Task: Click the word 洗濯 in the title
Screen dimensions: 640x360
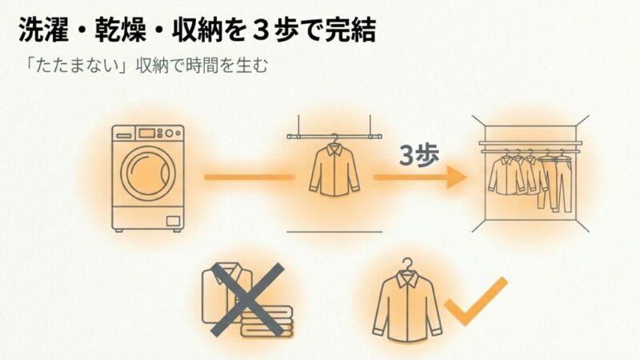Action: click(x=43, y=30)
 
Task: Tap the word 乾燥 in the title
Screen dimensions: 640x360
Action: click(x=121, y=30)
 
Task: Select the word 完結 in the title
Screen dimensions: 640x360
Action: click(x=350, y=30)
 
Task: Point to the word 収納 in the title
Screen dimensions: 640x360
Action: click(x=197, y=30)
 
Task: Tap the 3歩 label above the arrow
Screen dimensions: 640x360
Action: click(x=418, y=155)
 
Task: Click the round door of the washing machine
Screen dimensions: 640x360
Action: click(x=148, y=171)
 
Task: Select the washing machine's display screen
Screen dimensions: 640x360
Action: click(x=146, y=133)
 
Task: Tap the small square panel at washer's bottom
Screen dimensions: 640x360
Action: click(x=173, y=221)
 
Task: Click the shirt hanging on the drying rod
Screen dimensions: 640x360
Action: click(x=334, y=169)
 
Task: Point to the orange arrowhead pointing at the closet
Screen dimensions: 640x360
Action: click(x=457, y=177)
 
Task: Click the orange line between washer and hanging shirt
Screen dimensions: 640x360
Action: click(x=250, y=177)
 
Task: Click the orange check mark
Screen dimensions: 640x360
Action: click(x=476, y=301)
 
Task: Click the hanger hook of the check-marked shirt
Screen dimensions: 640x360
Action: click(x=407, y=264)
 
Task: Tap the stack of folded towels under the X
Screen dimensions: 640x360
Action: click(x=266, y=322)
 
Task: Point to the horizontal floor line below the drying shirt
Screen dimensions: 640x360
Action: click(x=334, y=232)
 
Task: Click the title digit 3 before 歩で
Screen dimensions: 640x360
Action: click(x=261, y=30)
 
